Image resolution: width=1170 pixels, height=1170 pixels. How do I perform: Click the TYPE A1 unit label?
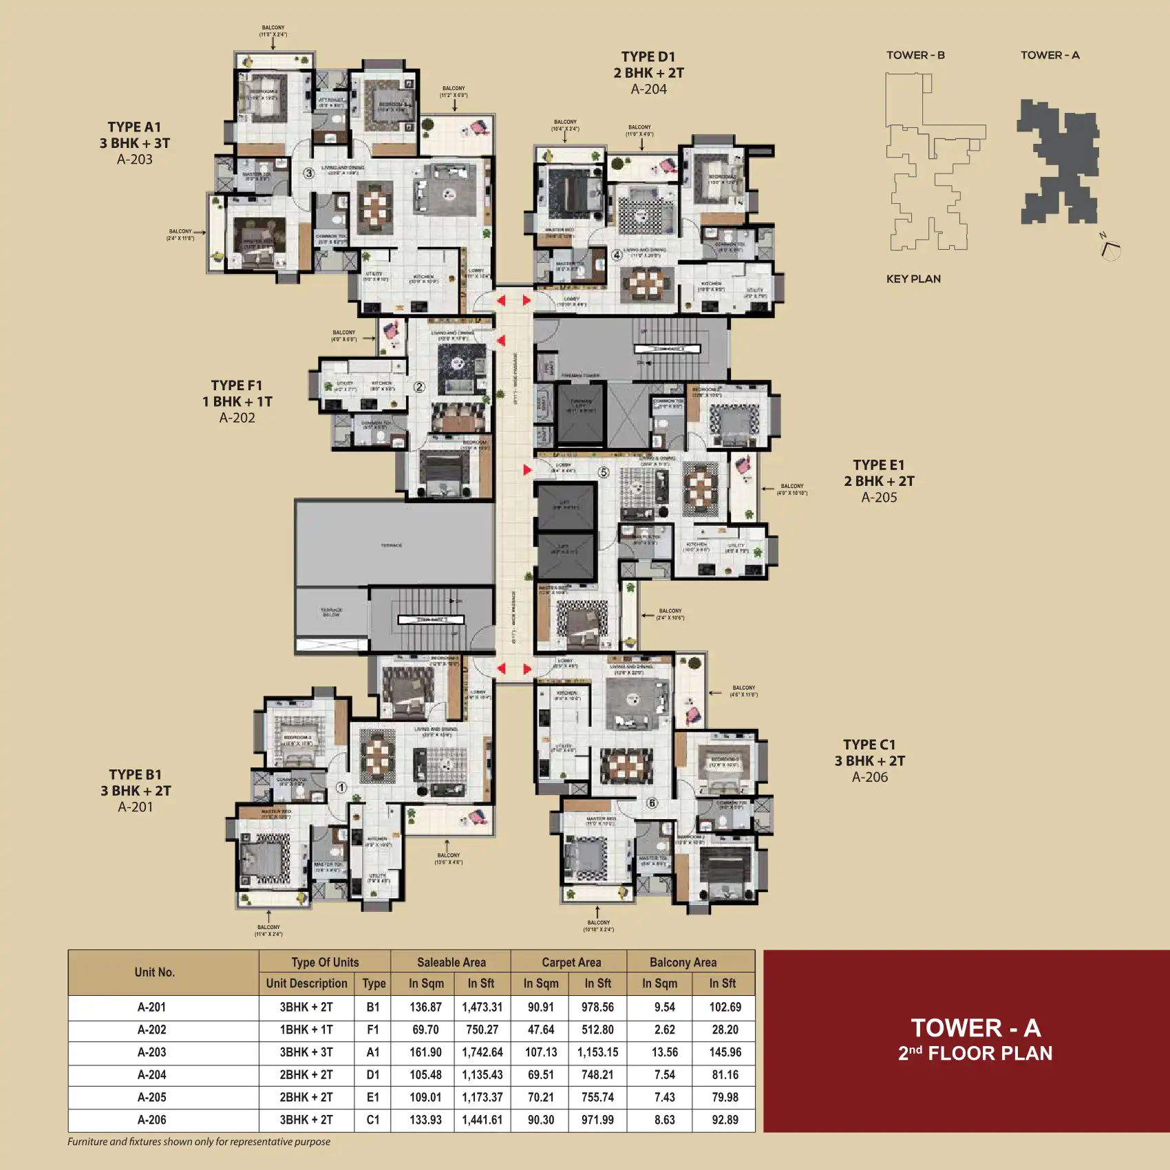[x=134, y=127]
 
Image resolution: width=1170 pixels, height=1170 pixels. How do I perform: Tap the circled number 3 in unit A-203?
[x=309, y=173]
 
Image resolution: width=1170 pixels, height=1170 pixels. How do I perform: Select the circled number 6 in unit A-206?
[x=652, y=803]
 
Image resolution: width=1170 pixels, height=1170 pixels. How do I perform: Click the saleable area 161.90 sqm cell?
[x=425, y=1052]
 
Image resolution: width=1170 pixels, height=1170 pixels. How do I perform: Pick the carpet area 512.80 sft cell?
[x=597, y=1030]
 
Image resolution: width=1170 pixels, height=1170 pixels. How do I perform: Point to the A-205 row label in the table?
[x=151, y=1097]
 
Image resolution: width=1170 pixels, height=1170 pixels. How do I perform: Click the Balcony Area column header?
[x=683, y=962]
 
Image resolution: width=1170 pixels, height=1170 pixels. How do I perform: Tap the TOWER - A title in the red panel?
[x=975, y=1028]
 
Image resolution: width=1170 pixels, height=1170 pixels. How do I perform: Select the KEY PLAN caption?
[x=913, y=279]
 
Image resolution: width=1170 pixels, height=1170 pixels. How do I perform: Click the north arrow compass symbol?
[x=1109, y=247]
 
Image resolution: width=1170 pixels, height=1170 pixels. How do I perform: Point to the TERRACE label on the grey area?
[x=391, y=545]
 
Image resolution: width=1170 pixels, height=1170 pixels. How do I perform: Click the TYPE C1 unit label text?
[x=869, y=745]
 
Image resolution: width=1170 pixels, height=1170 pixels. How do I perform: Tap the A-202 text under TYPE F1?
[x=237, y=418]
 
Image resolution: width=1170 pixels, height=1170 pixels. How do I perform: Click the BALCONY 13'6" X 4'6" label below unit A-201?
[x=448, y=858]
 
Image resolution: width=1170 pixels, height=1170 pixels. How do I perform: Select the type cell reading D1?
[x=373, y=1074]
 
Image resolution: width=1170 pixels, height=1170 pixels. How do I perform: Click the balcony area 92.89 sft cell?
[x=725, y=1120]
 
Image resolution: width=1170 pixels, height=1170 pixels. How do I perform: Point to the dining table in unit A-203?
[x=374, y=206]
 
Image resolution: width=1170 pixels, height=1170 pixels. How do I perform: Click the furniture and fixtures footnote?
[x=199, y=1141]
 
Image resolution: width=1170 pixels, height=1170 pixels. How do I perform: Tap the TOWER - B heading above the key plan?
[x=915, y=55]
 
